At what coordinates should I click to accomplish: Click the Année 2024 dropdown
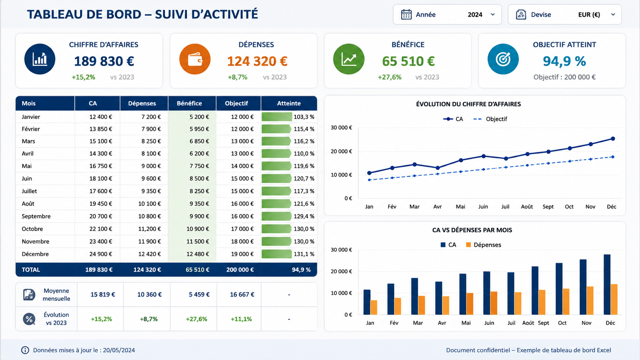click(x=447, y=15)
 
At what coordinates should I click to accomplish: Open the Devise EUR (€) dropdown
click(x=565, y=15)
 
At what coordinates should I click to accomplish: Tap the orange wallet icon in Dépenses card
click(x=195, y=59)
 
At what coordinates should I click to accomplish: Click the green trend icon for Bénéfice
click(x=349, y=59)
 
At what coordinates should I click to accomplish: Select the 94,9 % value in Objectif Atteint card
click(x=564, y=61)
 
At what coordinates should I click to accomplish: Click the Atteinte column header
click(x=289, y=103)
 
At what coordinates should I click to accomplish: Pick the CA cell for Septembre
click(x=101, y=216)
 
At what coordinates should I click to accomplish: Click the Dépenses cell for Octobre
click(x=149, y=229)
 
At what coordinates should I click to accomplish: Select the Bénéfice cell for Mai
click(x=199, y=166)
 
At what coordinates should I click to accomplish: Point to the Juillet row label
click(x=29, y=191)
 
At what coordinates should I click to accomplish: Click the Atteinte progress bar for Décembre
click(x=277, y=254)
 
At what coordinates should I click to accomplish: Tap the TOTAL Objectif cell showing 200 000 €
click(x=240, y=269)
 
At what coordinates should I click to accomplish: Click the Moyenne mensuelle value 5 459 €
click(x=199, y=294)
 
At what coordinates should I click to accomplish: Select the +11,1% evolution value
click(x=241, y=319)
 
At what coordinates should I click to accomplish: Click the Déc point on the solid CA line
click(x=613, y=139)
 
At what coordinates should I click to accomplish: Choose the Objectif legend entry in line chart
click(x=490, y=119)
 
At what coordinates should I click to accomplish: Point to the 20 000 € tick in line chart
click(x=341, y=151)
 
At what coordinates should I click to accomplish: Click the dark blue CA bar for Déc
click(x=607, y=285)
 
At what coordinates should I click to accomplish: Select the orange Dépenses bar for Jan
click(x=374, y=308)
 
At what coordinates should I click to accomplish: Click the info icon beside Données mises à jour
click(x=25, y=350)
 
